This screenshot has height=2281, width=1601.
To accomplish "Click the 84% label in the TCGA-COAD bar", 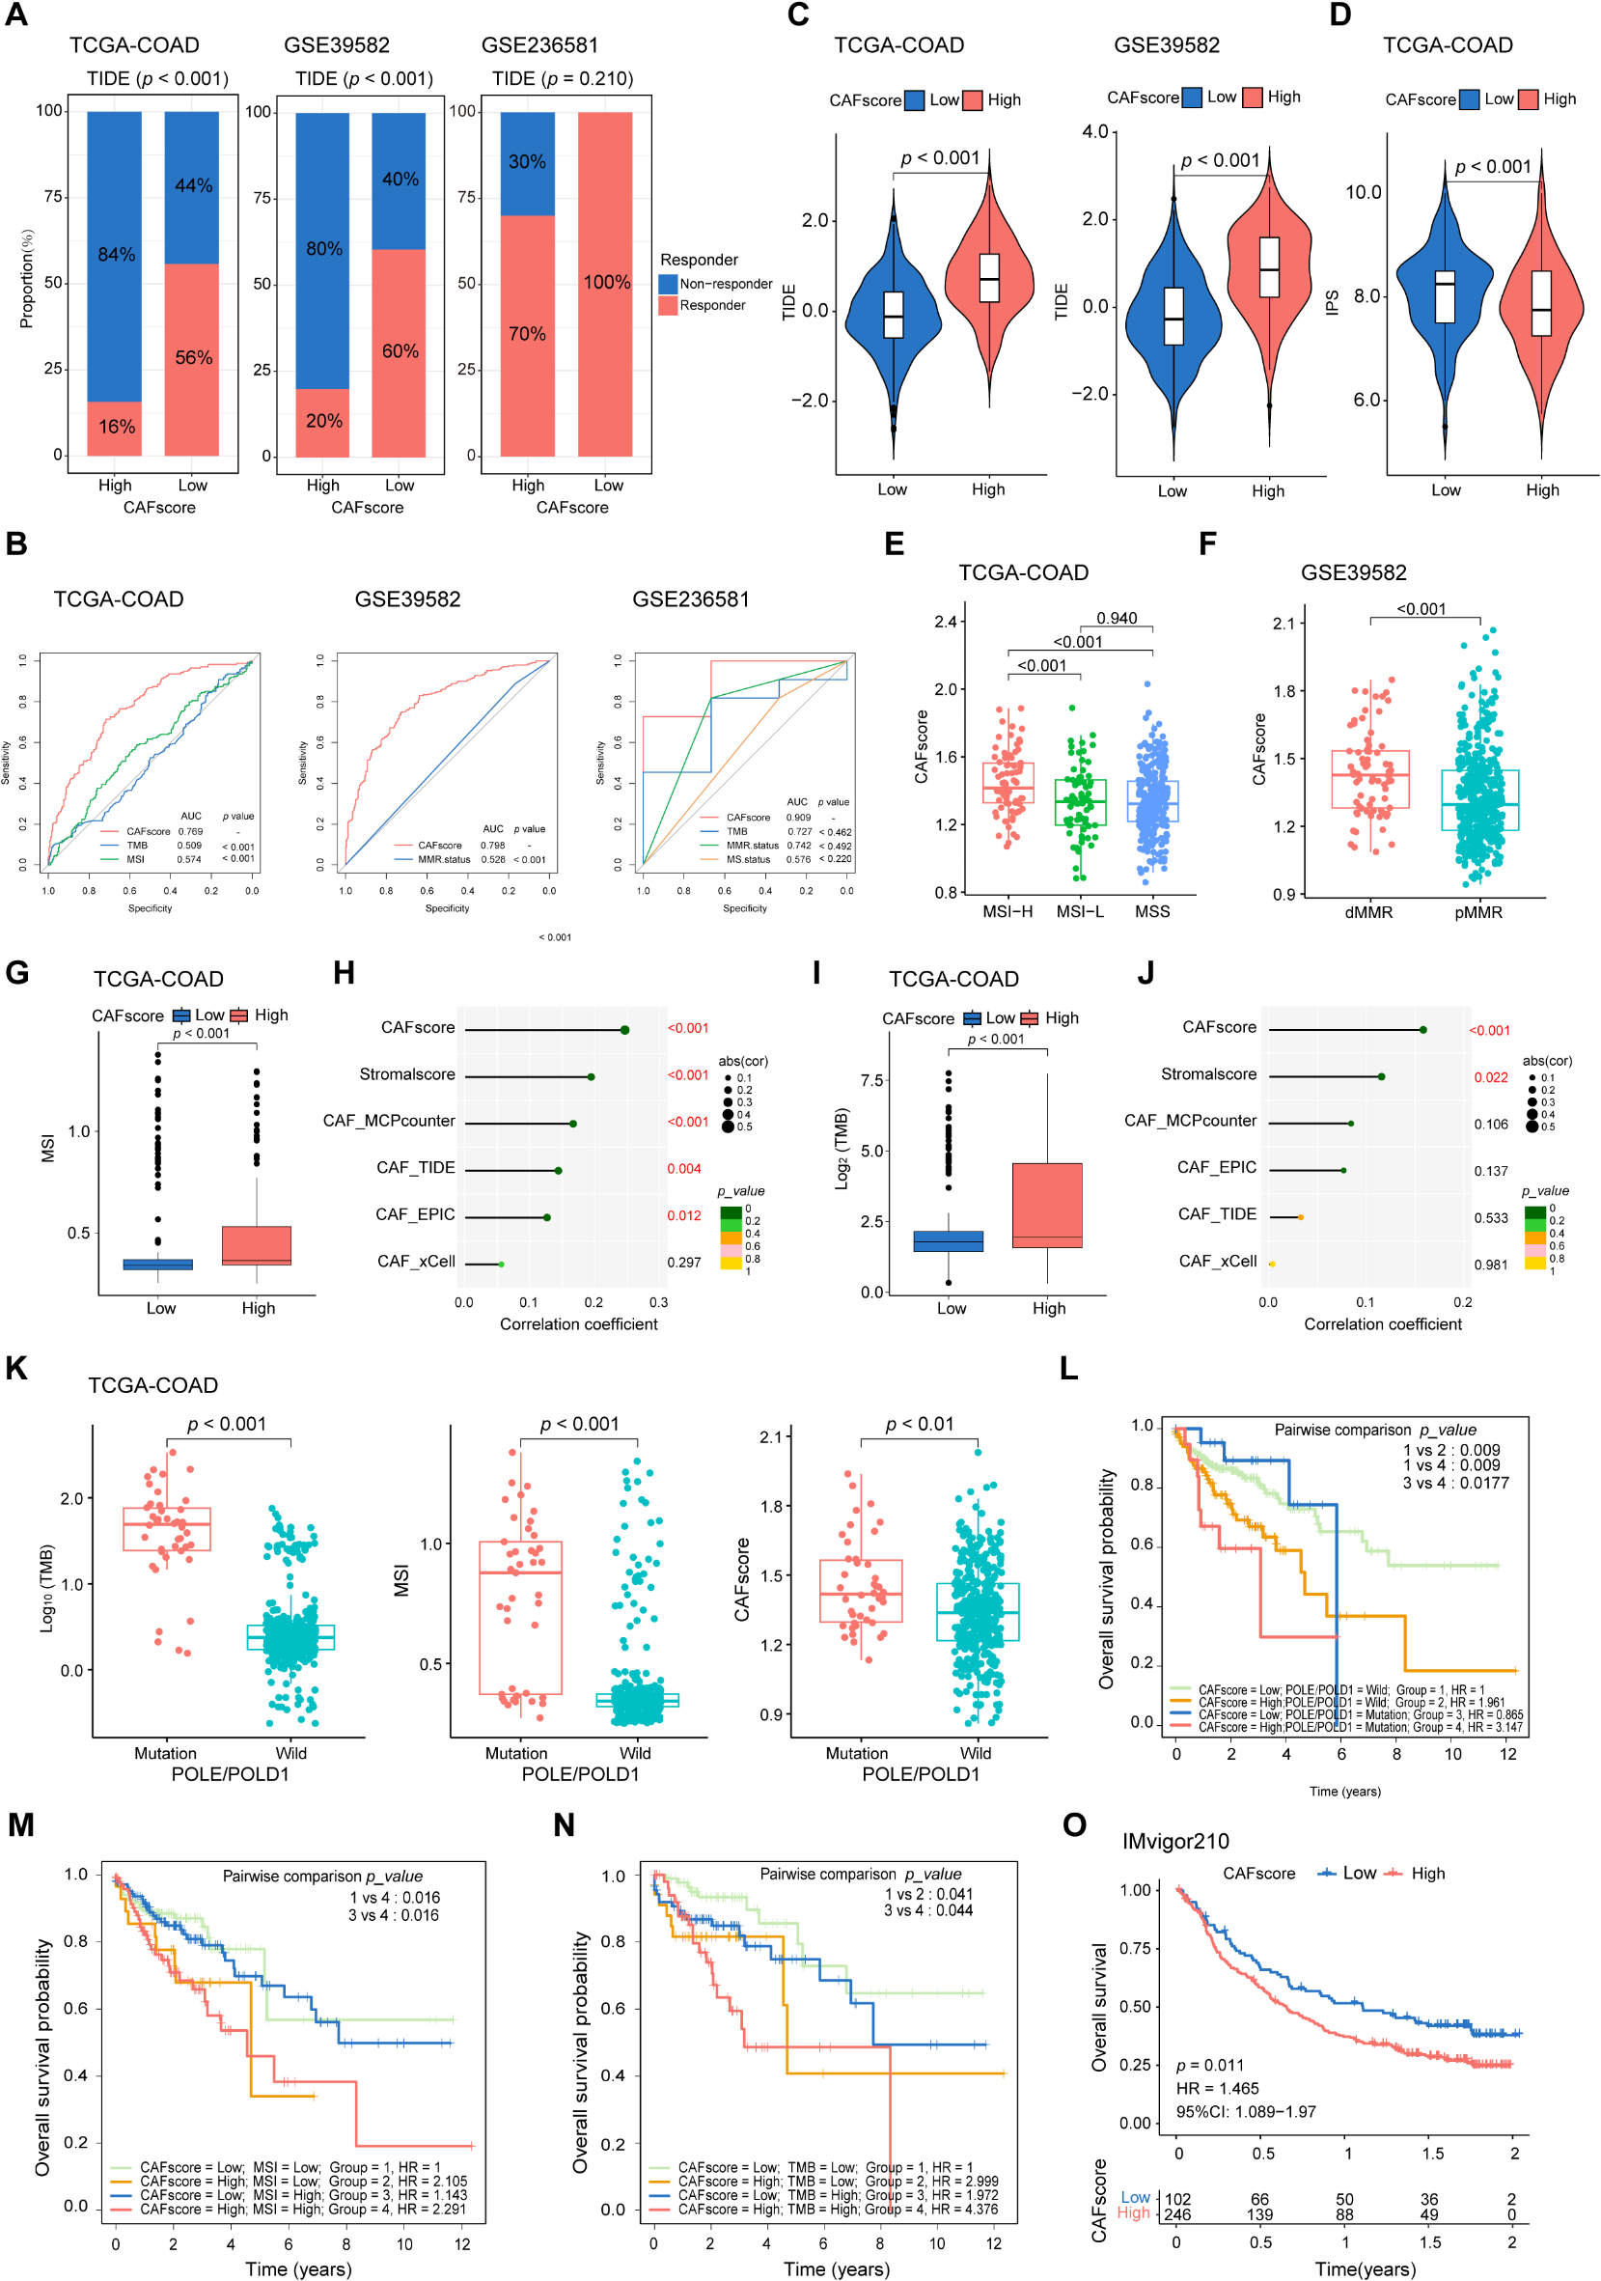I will [116, 254].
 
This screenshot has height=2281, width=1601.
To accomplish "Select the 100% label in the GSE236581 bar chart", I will [606, 282].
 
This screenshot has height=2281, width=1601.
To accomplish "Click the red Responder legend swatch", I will [668, 306].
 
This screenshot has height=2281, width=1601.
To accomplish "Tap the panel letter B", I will [15, 543].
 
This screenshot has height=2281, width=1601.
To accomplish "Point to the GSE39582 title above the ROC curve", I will [407, 599].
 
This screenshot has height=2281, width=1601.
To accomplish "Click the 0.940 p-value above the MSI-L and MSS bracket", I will [1117, 618].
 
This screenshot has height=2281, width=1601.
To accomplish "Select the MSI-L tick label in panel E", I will [1080, 911].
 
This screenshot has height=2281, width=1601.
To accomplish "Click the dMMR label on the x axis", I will [1368, 912].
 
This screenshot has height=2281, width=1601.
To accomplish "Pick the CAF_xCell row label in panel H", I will [416, 1262].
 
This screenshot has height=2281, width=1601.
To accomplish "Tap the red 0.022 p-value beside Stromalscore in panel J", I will [1491, 1077].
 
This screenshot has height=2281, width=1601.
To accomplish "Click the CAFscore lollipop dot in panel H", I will [624, 1030].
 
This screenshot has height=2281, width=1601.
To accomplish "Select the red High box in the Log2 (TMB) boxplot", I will [1047, 1204].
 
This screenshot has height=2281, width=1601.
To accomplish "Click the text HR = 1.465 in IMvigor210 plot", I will [1217, 2088].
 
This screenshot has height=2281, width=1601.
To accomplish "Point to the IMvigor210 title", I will [1174, 1841].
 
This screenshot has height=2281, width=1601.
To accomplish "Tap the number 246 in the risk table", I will [1177, 2214].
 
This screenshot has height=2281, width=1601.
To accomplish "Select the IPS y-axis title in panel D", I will [1332, 302].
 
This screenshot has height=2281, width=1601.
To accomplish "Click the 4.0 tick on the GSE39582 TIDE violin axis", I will [1094, 131].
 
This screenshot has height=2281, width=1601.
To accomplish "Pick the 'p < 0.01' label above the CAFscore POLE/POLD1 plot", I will [919, 1425].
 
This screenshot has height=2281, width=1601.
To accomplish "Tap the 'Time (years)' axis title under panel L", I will [1343, 1792].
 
